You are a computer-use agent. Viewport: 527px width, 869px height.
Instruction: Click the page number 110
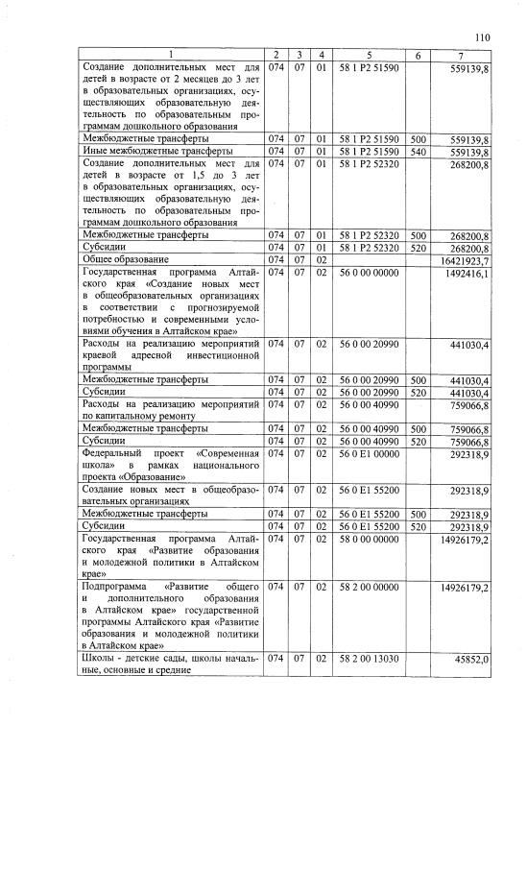(481, 37)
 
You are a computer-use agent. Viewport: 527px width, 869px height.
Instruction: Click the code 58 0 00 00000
(369, 541)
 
